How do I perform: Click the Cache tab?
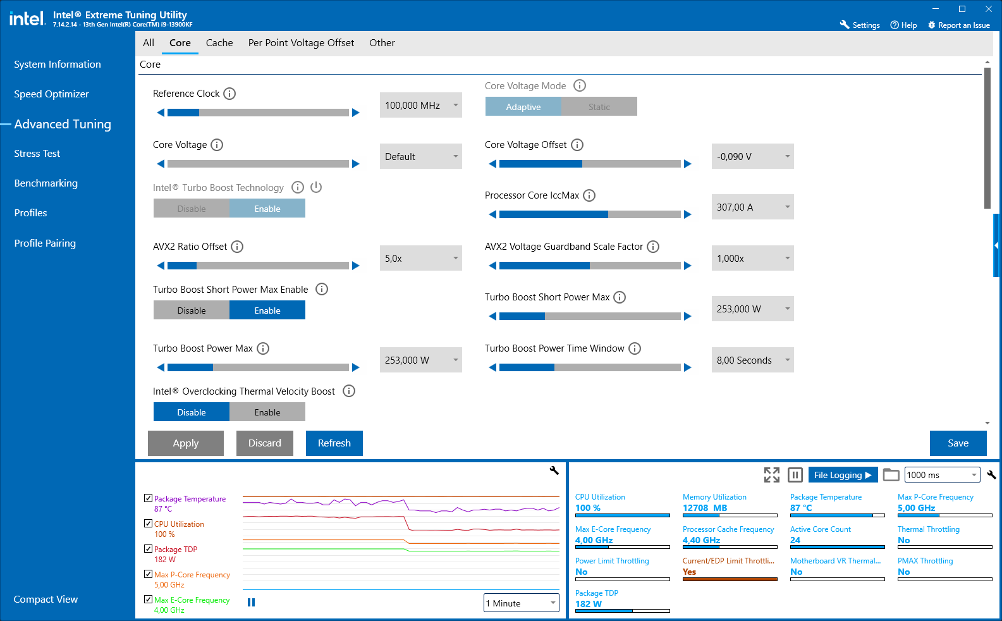219,43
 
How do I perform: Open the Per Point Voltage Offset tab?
301,43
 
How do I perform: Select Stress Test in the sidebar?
37,154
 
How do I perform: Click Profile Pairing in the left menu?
45,243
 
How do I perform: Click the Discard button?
264,443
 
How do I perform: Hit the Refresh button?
334,443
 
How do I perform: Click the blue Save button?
958,443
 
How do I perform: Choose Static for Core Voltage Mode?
599,107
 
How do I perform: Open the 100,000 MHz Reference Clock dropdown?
420,106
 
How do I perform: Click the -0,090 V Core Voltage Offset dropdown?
752,157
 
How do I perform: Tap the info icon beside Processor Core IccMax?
589,195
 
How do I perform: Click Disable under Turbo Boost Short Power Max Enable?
192,310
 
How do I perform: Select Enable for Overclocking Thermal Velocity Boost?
267,412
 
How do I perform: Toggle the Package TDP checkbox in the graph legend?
149,549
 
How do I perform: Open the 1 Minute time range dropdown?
522,603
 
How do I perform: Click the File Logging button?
842,475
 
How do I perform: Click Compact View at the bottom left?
46,599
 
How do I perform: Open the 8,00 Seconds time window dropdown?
752,360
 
